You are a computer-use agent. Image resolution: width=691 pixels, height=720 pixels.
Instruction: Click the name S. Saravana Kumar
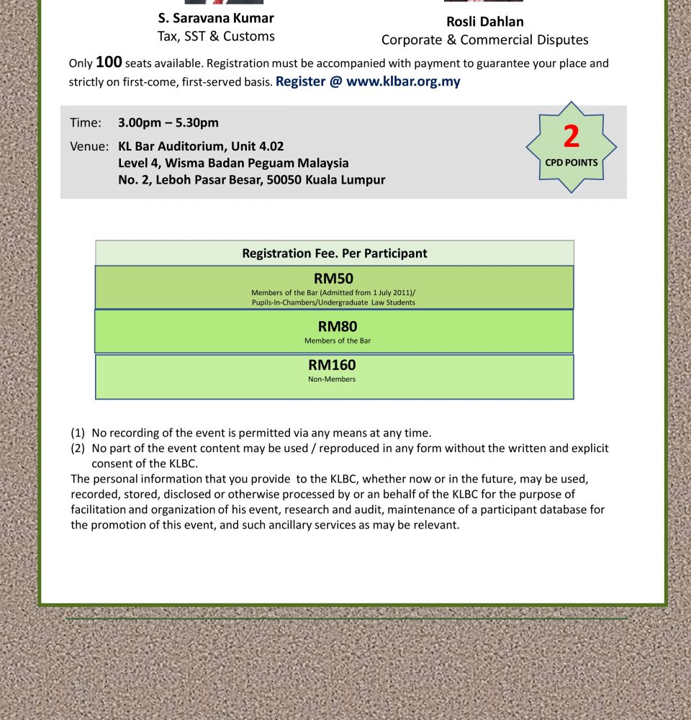[x=216, y=18]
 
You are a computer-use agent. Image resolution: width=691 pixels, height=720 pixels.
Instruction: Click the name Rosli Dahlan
[x=484, y=22]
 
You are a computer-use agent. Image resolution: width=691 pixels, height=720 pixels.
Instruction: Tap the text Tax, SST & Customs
[x=216, y=36]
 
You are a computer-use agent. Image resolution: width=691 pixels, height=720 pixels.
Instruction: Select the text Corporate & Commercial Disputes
[x=484, y=40]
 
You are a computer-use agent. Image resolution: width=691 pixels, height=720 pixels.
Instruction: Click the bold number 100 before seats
[x=109, y=62]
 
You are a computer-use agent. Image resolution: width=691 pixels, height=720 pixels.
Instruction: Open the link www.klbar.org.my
[x=403, y=81]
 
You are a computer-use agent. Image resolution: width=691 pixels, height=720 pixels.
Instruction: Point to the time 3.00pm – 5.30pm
[x=168, y=123]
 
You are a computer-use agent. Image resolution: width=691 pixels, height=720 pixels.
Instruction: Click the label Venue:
[x=89, y=147]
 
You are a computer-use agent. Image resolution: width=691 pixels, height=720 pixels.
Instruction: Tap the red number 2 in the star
[x=572, y=137]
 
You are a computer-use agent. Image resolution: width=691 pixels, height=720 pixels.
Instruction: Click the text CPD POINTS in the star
[x=572, y=163]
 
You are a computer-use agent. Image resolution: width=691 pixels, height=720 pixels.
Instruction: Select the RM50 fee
[x=333, y=279]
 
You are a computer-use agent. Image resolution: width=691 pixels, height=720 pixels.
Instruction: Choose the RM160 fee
[x=332, y=365]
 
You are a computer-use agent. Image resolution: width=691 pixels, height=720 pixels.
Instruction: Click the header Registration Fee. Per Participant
[x=334, y=253]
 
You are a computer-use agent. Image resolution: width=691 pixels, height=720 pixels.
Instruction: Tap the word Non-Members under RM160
[x=332, y=379]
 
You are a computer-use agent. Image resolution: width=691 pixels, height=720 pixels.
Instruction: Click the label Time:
[x=86, y=123]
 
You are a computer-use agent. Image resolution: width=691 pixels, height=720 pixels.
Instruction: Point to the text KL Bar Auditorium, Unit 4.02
[x=201, y=147]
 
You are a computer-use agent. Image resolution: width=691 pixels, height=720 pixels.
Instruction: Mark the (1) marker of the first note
[x=78, y=433]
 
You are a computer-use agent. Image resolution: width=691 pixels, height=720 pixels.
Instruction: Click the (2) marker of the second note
[x=78, y=449]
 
